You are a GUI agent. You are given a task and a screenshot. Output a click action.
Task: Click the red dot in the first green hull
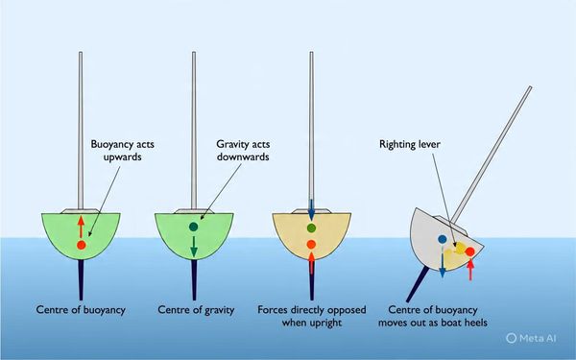(82, 245)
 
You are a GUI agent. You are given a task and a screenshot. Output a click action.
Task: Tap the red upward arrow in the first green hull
(81, 227)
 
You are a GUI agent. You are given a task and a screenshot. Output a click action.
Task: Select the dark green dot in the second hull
(194, 227)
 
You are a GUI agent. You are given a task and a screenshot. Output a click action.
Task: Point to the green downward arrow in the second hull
(194, 246)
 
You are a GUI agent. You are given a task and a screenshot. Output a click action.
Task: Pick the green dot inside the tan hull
(311, 228)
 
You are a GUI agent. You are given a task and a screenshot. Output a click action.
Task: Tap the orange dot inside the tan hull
(311, 244)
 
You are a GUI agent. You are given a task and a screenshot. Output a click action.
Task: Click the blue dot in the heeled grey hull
(443, 239)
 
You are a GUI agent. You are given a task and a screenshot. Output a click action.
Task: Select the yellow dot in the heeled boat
(460, 248)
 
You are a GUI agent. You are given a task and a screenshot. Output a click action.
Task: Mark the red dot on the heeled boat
(469, 252)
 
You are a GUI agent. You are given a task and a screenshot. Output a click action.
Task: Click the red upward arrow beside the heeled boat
(470, 269)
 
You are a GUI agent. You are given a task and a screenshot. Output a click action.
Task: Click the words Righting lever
(410, 144)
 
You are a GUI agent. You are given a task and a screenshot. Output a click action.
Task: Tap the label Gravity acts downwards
(243, 151)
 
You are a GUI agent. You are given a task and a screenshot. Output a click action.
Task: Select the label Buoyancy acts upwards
(122, 151)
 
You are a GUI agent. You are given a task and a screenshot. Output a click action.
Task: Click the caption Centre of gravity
(196, 310)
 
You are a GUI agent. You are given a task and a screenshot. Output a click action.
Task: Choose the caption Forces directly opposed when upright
(311, 316)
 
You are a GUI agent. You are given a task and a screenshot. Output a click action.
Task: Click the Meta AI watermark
(531, 338)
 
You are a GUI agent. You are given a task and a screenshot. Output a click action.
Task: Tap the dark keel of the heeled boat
(418, 284)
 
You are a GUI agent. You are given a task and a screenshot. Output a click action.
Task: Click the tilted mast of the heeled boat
(492, 155)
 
